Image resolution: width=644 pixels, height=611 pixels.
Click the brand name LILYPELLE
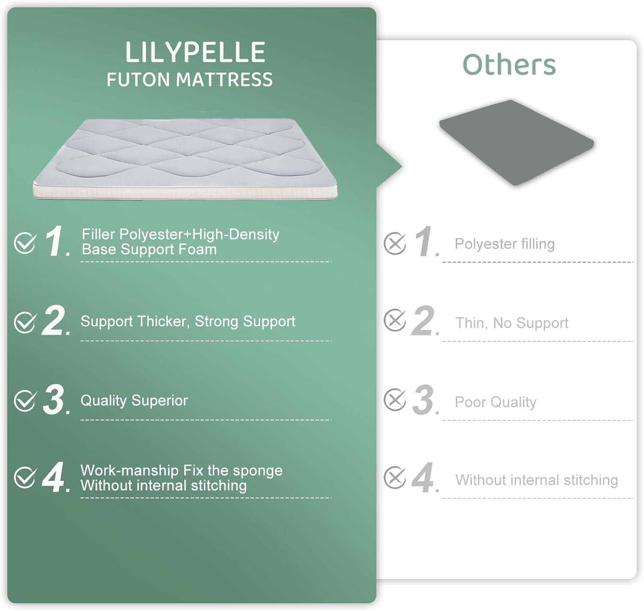[195, 52]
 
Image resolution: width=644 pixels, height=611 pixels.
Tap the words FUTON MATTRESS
[190, 79]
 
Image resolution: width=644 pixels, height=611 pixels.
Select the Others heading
[509, 64]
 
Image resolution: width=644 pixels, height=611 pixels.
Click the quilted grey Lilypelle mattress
[185, 158]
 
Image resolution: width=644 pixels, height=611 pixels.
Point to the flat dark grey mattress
[516, 142]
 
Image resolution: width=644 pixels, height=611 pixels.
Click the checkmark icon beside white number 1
[25, 243]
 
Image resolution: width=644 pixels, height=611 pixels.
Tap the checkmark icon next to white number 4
[25, 477]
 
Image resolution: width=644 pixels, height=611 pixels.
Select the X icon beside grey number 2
[395, 320]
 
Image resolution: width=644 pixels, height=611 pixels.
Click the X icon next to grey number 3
[395, 399]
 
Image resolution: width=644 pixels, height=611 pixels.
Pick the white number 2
[54, 320]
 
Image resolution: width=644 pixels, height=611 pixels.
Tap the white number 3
[55, 399]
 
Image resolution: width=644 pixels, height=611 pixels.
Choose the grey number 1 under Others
[424, 241]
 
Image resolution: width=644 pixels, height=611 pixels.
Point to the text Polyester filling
[504, 244]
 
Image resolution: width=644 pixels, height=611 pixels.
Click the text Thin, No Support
[512, 323]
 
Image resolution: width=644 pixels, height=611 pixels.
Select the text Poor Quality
[495, 402]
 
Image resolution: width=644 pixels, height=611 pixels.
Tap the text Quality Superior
[134, 401]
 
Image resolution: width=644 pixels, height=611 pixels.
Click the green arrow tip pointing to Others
[401, 167]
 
